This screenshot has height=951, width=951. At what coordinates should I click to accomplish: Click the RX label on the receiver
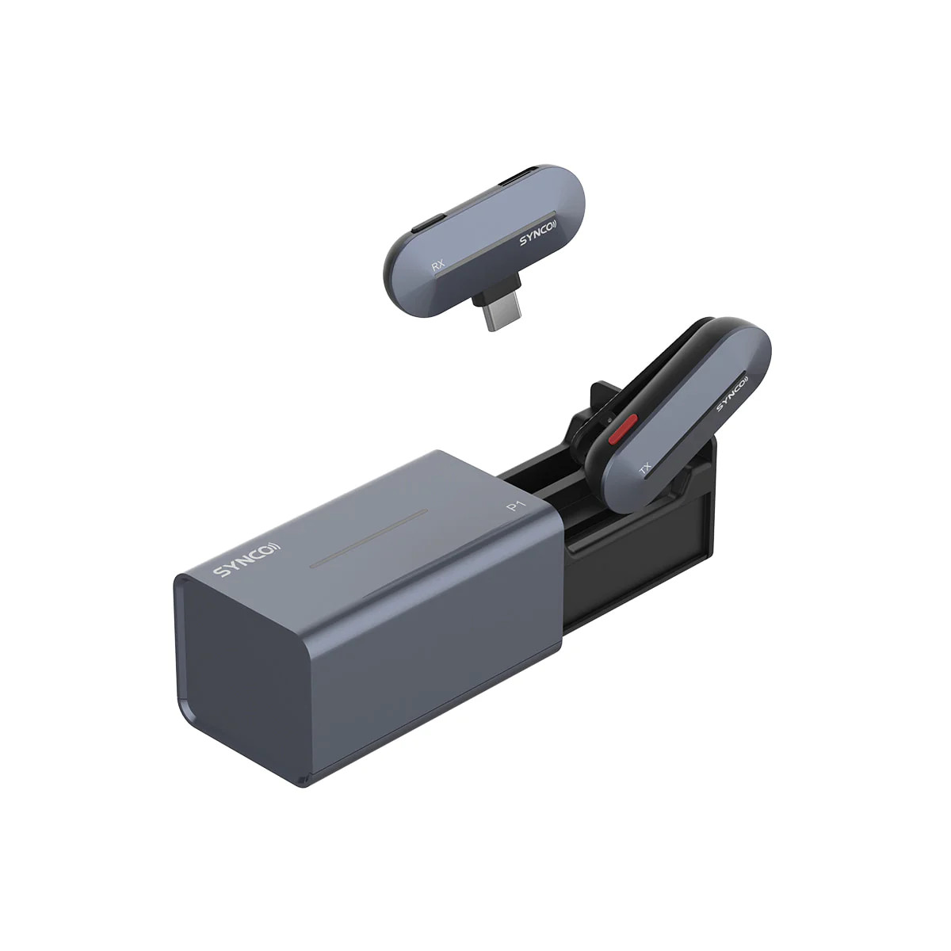[437, 266]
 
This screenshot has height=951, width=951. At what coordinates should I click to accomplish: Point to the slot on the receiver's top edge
[518, 178]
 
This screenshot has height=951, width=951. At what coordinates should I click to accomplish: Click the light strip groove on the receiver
[496, 246]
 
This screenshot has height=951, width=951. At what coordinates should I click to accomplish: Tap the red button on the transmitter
[623, 429]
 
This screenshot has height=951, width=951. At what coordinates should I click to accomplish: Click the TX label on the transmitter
[645, 468]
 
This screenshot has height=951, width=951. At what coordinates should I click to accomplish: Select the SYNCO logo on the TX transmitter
[732, 393]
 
